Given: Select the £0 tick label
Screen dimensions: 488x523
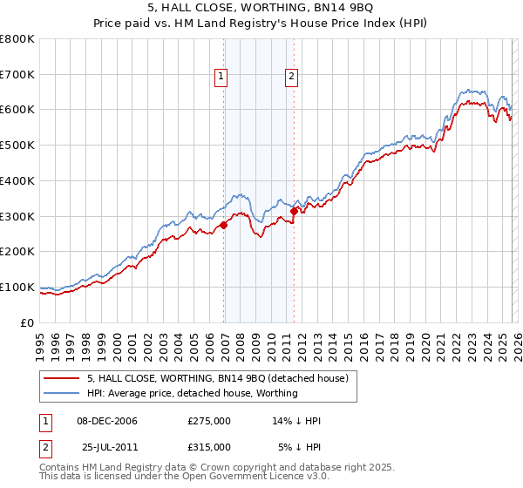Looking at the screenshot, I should click(28, 322).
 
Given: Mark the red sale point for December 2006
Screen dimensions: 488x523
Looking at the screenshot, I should click(223, 225).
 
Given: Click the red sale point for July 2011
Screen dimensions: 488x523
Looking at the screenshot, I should click(294, 210).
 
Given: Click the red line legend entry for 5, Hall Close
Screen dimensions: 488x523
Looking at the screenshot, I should click(218, 378).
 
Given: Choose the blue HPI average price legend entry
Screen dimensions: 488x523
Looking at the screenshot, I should click(192, 393).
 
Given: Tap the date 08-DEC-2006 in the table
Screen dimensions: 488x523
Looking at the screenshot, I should click(107, 421).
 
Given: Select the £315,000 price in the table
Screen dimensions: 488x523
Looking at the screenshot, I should click(209, 446).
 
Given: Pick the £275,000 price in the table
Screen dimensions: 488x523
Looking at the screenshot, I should click(209, 421).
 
